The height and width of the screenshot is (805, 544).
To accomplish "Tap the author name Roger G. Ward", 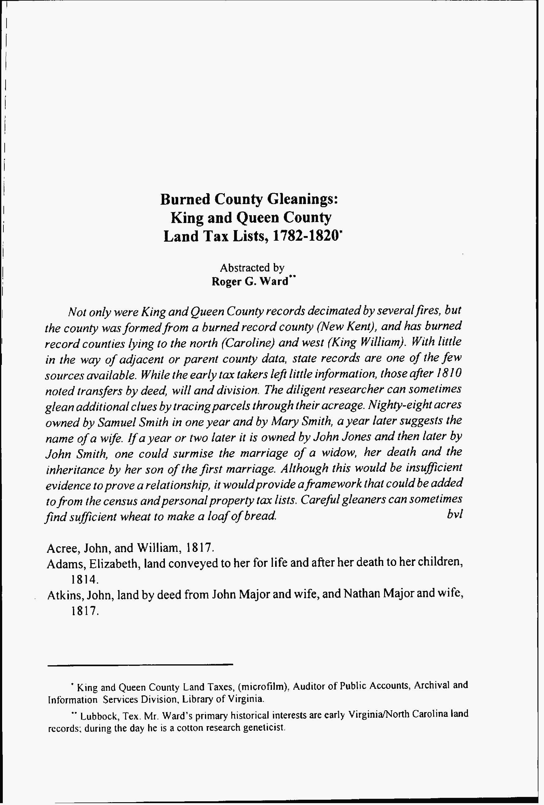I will pos(250,282).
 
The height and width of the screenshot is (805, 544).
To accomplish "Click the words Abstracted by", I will pos(252,268).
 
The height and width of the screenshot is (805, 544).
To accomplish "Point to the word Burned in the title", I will pos(185,199).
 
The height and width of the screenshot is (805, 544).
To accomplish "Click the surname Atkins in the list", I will pos(64,595).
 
